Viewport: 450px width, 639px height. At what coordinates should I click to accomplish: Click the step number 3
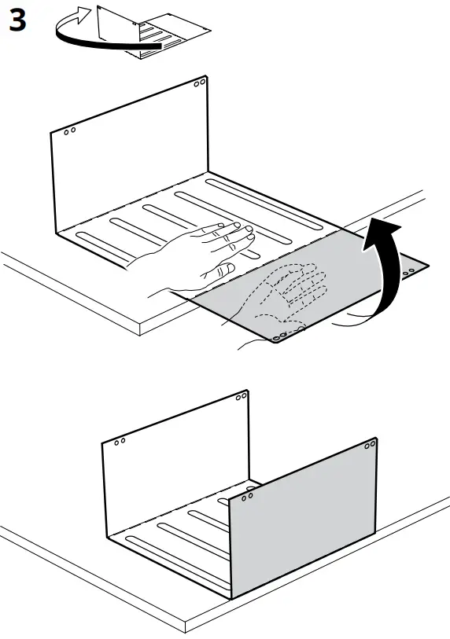tap(17, 21)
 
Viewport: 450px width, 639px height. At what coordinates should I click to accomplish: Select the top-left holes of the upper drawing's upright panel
tap(69, 131)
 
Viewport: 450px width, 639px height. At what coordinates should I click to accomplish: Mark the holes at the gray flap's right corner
tap(410, 271)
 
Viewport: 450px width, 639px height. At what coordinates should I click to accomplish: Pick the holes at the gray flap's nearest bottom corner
tap(278, 339)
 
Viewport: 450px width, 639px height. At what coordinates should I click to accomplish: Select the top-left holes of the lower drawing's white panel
tap(120, 442)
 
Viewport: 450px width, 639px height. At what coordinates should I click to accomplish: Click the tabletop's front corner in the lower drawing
tap(184, 629)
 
